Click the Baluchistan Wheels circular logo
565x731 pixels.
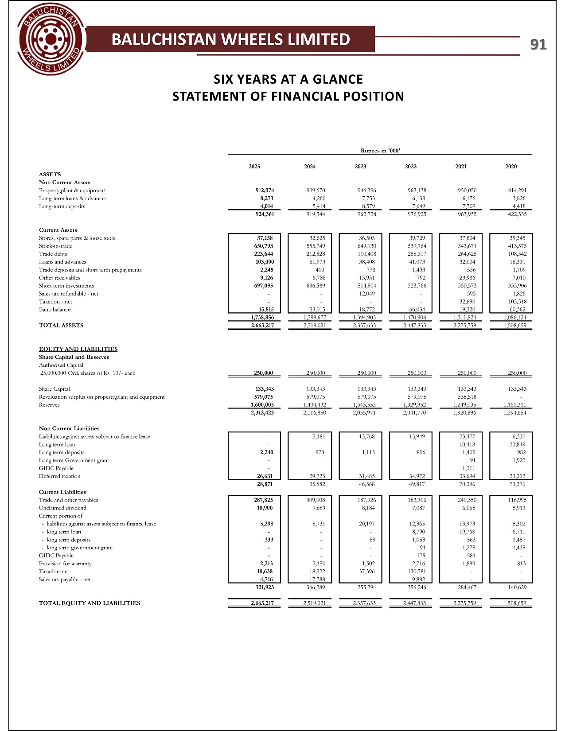pyautogui.click(x=51, y=40)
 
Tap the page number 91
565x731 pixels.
pyautogui.click(x=538, y=44)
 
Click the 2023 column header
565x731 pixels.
pyautogui.click(x=360, y=167)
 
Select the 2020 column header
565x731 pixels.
pyautogui.click(x=511, y=167)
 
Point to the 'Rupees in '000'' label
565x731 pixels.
pyautogui.click(x=380, y=151)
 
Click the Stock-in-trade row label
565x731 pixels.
pyautogui.click(x=55, y=246)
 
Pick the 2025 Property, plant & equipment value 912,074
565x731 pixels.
pyautogui.click(x=265, y=191)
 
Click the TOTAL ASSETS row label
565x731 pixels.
pyautogui.click(x=61, y=326)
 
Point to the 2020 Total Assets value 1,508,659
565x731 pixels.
pyautogui.click(x=515, y=326)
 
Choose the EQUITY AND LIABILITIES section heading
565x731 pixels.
pyautogui.click(x=78, y=349)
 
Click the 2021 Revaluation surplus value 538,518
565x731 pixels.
pyautogui.click(x=467, y=397)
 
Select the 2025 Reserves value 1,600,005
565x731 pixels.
pyautogui.click(x=262, y=405)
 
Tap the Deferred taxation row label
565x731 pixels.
pyautogui.click(x=60, y=476)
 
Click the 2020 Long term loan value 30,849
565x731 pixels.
pyautogui.click(x=517, y=444)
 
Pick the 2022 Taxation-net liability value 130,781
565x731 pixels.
pyautogui.click(x=415, y=572)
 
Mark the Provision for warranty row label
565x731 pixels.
pyautogui.click(x=65, y=564)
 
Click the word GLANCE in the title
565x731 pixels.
pyautogui.click(x=338, y=79)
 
